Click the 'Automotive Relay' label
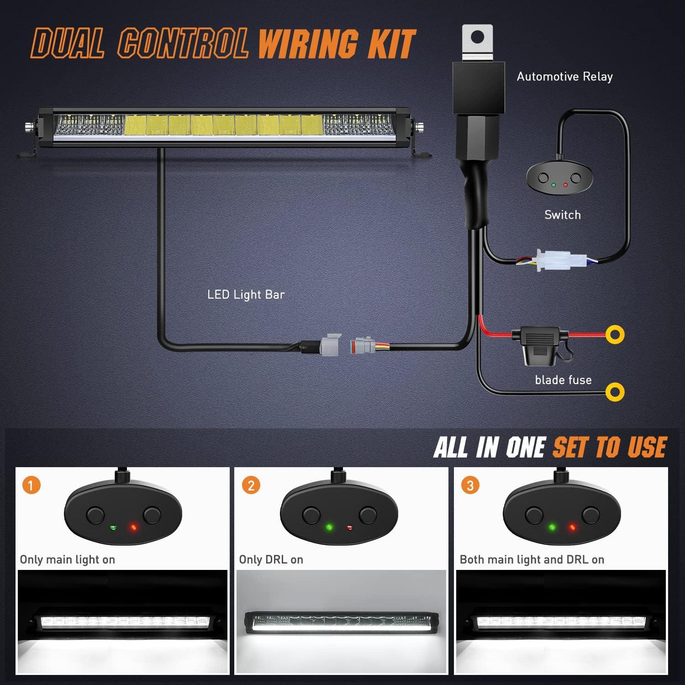point(564,77)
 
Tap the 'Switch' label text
point(563,215)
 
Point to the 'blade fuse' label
point(563,380)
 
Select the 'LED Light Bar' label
point(246,295)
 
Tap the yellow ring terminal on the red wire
point(615,334)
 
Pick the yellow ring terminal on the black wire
point(615,392)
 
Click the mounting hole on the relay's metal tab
point(477,37)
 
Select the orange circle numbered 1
point(31,485)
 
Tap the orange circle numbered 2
point(251,485)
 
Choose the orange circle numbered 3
point(470,485)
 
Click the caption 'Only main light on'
point(67,559)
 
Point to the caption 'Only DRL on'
point(271,559)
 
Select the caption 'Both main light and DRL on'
point(532,559)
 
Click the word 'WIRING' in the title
point(308,44)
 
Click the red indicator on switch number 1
point(133,528)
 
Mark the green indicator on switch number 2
point(329,528)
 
